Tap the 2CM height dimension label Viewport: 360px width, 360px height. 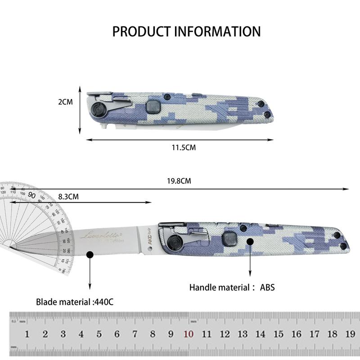coord(65,102)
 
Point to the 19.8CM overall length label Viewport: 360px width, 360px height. coord(179,181)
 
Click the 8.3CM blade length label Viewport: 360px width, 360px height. coord(68,197)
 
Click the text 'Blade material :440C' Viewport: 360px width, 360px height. coord(75,302)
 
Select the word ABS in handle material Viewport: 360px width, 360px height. coord(267,287)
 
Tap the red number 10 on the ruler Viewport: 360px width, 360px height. coord(189,334)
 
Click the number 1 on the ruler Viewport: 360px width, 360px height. coord(27,334)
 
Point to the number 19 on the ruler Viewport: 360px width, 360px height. coord(350,334)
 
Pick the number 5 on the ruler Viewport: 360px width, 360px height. coord(99,334)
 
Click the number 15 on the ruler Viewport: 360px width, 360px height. coord(279,334)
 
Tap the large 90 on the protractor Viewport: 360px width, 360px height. coord(32,195)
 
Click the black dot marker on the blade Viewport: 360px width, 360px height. coord(90,255)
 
